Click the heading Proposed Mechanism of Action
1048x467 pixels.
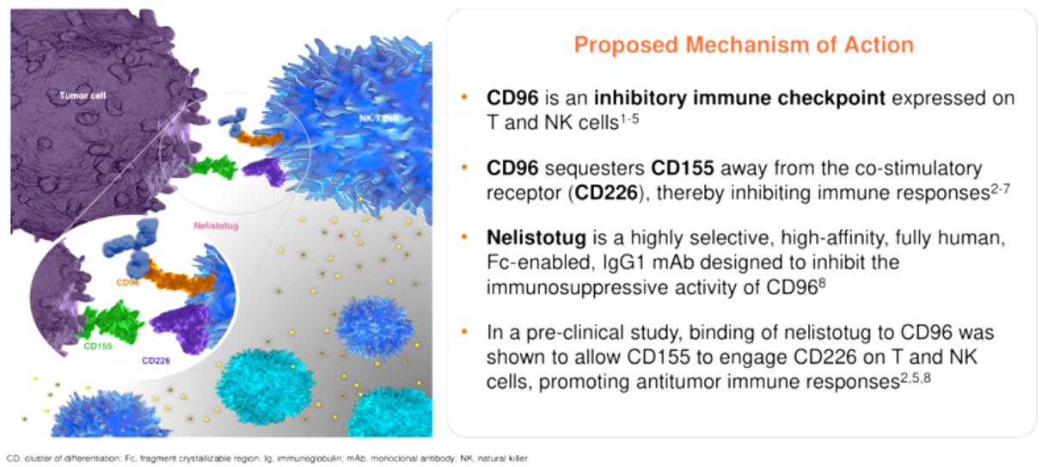pos(744,45)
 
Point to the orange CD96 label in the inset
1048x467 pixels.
pos(127,281)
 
